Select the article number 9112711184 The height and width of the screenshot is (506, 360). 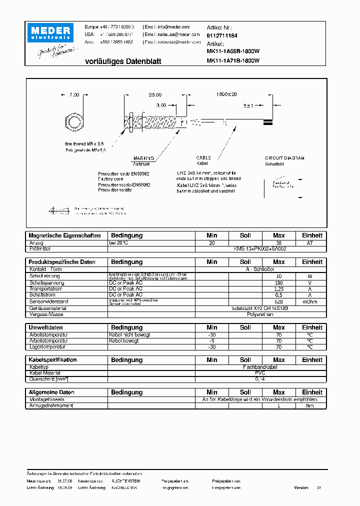pyautogui.click(x=222, y=36)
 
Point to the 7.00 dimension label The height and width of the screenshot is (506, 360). pyautogui.click(x=74, y=94)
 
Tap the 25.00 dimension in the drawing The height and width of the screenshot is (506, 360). pyautogui.click(x=155, y=94)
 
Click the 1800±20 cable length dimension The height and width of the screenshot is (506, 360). pyautogui.click(x=227, y=94)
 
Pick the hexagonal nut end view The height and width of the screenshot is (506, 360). pyautogui.click(x=74, y=122)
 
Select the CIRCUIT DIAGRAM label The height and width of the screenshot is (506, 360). pyautogui.click(x=284, y=158)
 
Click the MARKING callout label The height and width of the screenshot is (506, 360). pyautogui.click(x=143, y=158)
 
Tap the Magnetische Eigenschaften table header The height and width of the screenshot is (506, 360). pyautogui.click(x=64, y=235)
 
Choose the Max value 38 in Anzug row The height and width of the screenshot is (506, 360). pyautogui.click(x=278, y=242)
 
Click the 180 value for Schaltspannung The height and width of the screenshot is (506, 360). pyautogui.click(x=278, y=283)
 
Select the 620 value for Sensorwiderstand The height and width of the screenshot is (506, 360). pyautogui.click(x=278, y=302)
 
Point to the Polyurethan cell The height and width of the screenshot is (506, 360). pyautogui.click(x=260, y=314)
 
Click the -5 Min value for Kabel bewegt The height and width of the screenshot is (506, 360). pyautogui.click(x=212, y=340)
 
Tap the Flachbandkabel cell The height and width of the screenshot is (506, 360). pyautogui.click(x=260, y=367)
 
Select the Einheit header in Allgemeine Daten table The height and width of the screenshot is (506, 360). pyautogui.click(x=312, y=392)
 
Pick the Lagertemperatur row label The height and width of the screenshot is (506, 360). pyautogui.click(x=47, y=346)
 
